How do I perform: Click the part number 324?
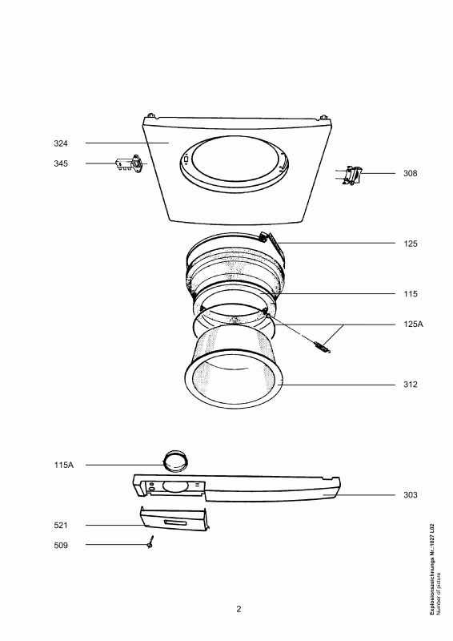(x=61, y=143)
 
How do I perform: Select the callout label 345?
(x=61, y=163)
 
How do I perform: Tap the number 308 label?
(x=411, y=173)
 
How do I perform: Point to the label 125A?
(x=413, y=325)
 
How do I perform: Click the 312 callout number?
(x=411, y=385)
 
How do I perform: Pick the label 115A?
(x=64, y=465)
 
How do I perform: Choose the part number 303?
(x=411, y=495)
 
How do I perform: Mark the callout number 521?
(x=61, y=526)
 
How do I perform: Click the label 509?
(x=61, y=546)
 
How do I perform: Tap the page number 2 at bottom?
(x=239, y=609)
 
